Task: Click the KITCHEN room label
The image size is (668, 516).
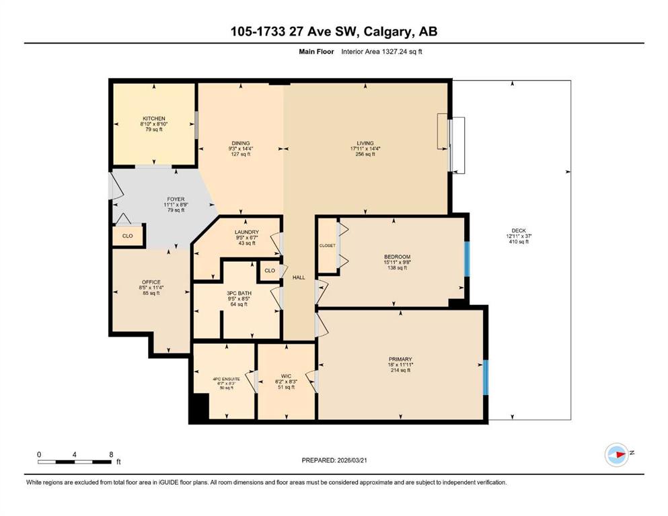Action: (x=154, y=118)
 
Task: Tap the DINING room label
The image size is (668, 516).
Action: (x=241, y=143)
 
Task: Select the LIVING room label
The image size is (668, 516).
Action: (x=365, y=143)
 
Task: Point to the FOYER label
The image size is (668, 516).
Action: (x=176, y=199)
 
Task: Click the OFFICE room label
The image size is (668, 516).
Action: (x=151, y=282)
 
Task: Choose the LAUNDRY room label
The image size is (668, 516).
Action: (x=247, y=232)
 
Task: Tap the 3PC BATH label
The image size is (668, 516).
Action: (x=239, y=293)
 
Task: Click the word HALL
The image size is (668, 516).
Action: (x=299, y=277)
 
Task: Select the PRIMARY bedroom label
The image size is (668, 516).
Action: (x=400, y=359)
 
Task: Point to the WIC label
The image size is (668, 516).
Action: (x=287, y=376)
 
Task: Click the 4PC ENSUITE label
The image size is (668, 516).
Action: (x=226, y=378)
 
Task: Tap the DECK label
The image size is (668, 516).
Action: (x=519, y=230)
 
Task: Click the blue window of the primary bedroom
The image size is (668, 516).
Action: (x=486, y=378)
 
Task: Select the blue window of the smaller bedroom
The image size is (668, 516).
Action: (x=467, y=259)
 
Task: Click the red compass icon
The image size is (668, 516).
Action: (x=617, y=454)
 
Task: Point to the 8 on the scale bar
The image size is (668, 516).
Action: (x=111, y=454)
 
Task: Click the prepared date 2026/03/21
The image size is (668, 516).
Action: (x=352, y=460)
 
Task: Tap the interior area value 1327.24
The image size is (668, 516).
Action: (x=394, y=52)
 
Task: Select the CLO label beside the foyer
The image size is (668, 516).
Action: (x=127, y=236)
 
